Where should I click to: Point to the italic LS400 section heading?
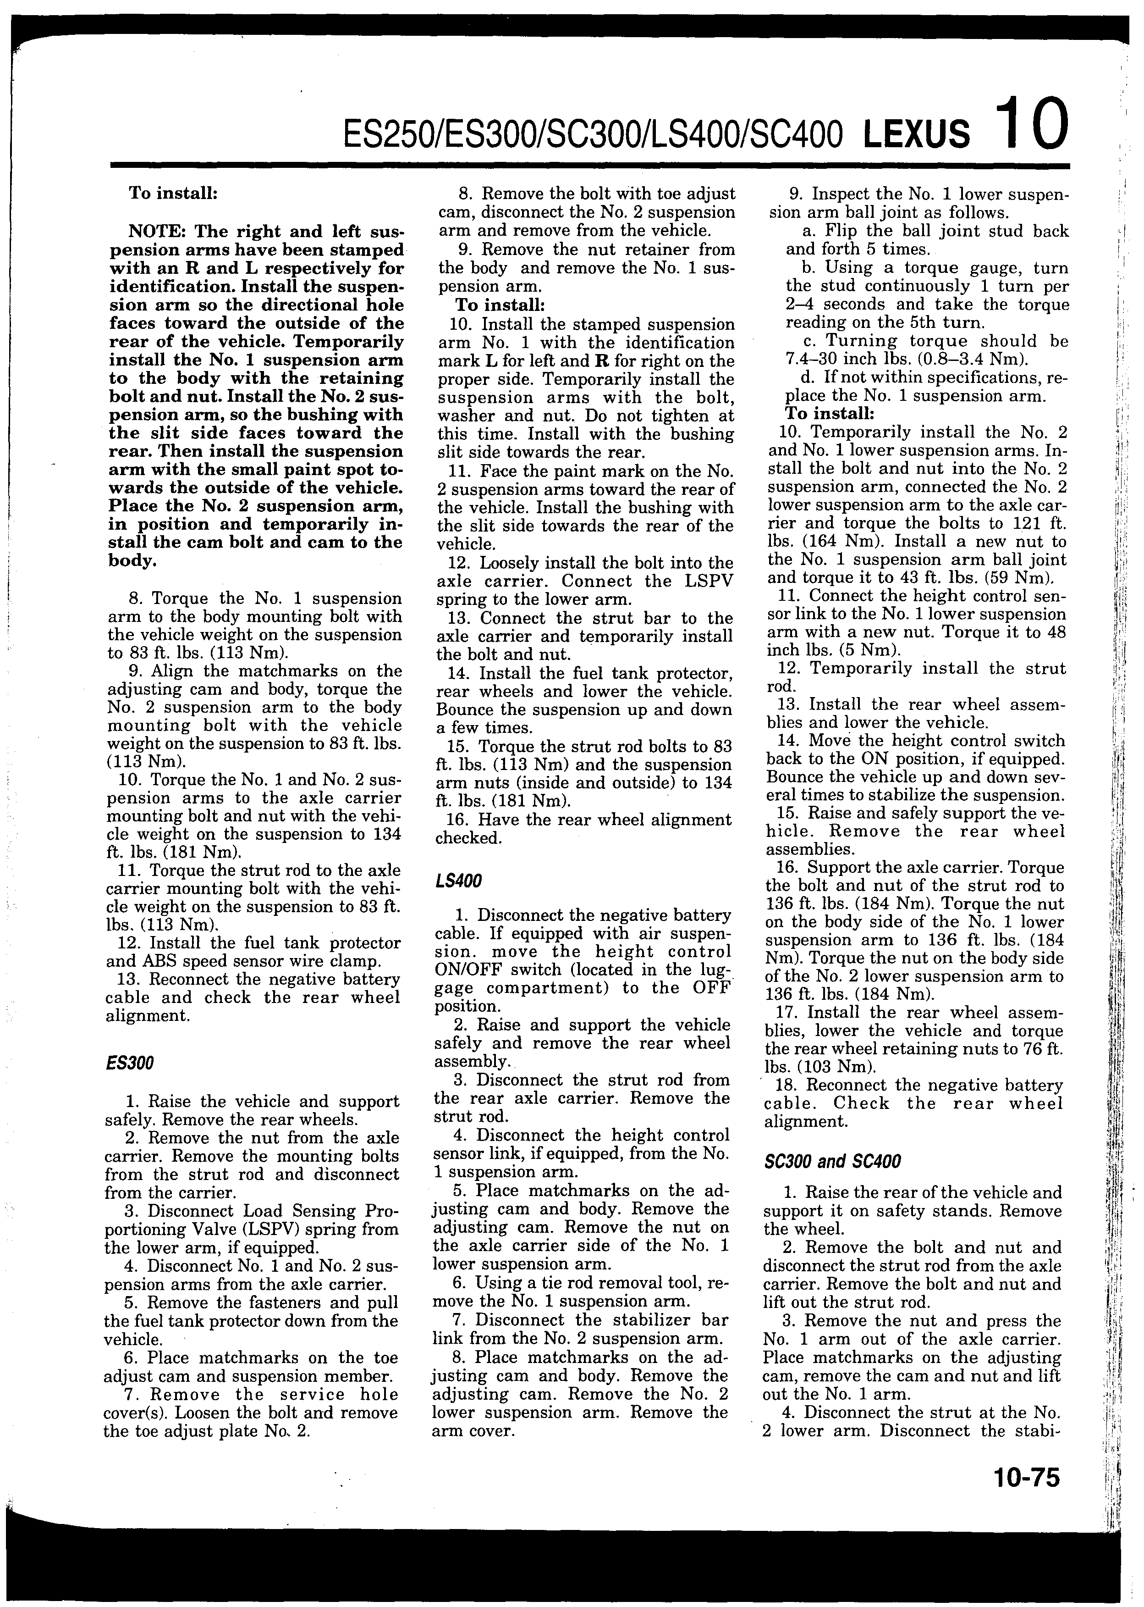pyautogui.click(x=459, y=881)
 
